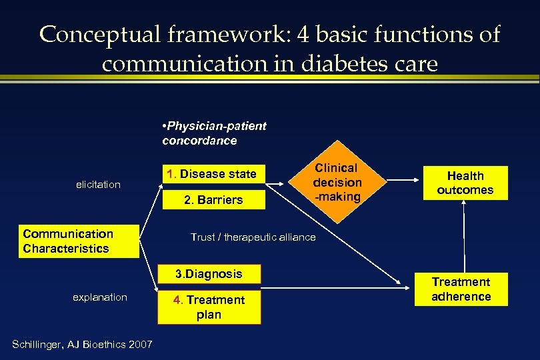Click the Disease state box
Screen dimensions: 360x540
(x=212, y=175)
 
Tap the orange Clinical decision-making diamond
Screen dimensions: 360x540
(x=337, y=182)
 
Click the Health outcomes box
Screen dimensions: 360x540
(x=465, y=183)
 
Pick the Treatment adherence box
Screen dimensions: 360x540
(x=461, y=289)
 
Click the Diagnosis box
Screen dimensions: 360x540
(x=209, y=274)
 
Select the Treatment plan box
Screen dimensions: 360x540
(x=209, y=307)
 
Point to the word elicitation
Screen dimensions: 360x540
(x=98, y=184)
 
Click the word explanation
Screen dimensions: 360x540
(x=100, y=297)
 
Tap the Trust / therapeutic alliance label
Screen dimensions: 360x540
(x=253, y=237)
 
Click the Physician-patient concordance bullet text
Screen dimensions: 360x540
(x=213, y=133)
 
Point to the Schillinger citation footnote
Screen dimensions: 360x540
(x=83, y=344)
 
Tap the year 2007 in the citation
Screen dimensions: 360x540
(x=141, y=344)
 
